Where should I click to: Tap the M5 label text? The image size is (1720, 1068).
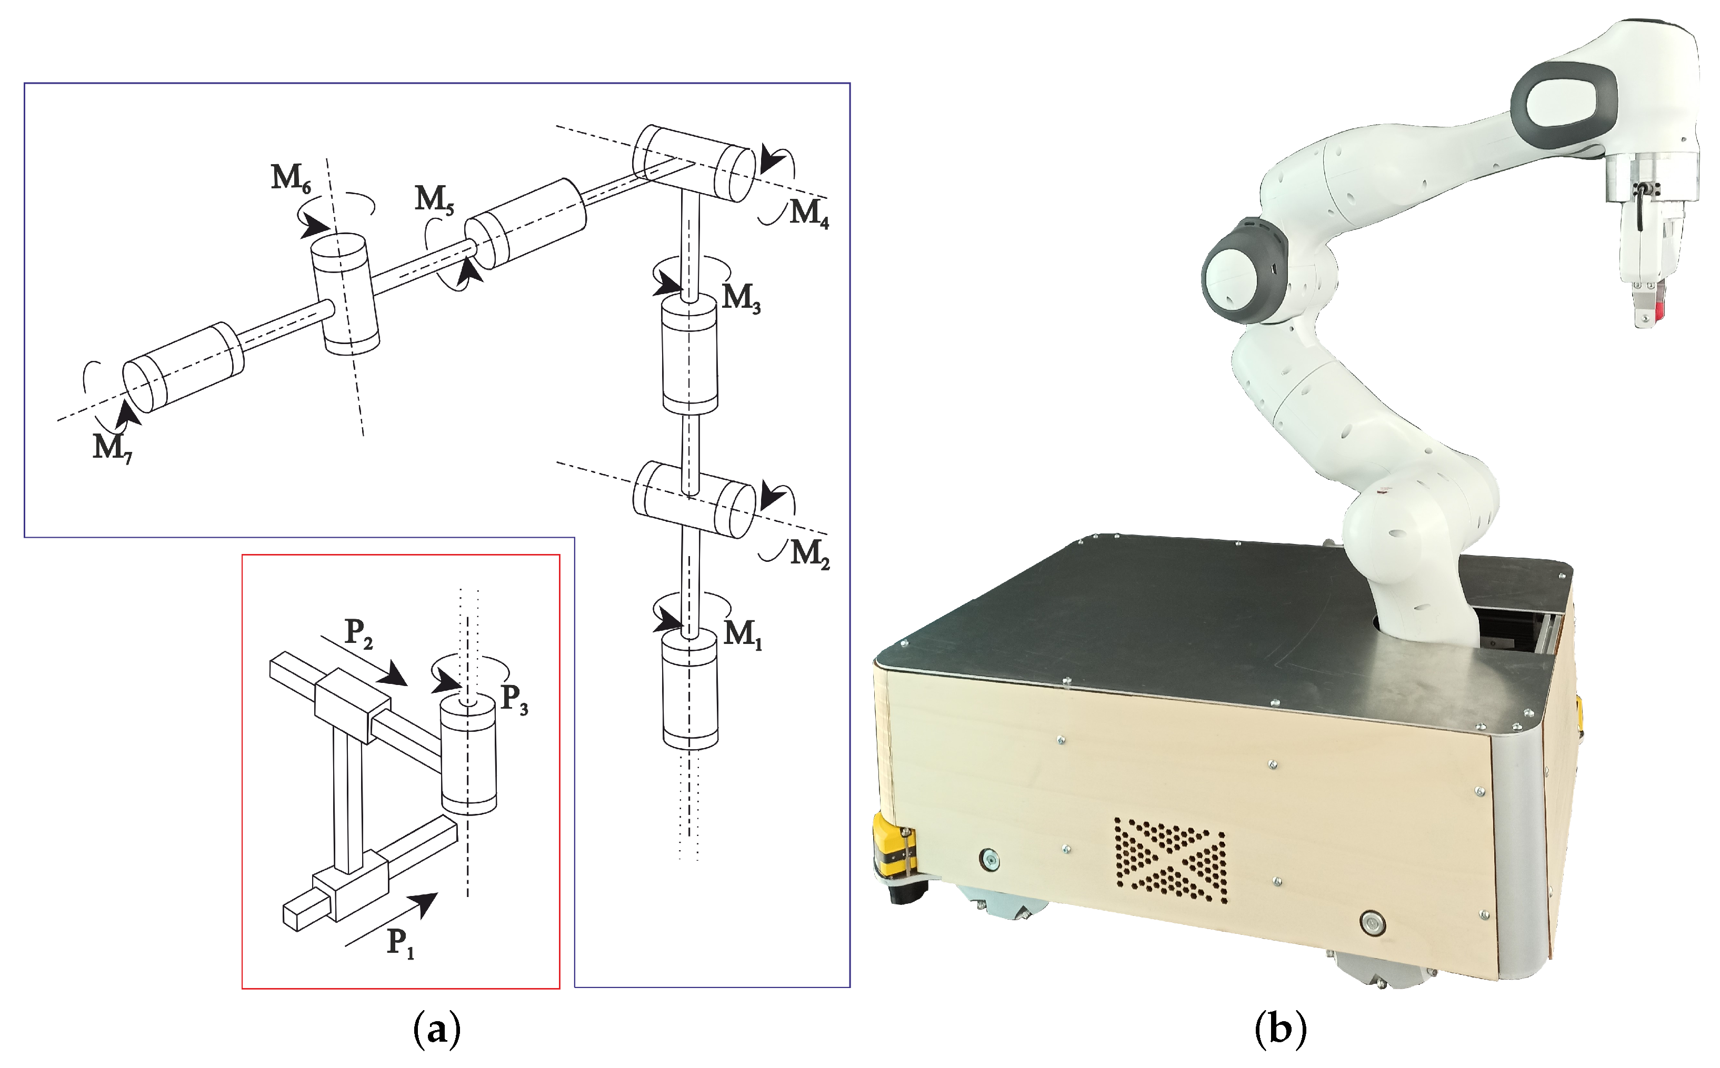click(x=433, y=199)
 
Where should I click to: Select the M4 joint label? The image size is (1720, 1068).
click(x=808, y=213)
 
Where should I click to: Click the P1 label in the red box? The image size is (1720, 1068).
click(x=400, y=943)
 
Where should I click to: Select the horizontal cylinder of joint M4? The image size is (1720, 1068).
click(x=693, y=163)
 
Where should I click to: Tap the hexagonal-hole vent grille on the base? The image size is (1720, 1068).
click(x=1170, y=860)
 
